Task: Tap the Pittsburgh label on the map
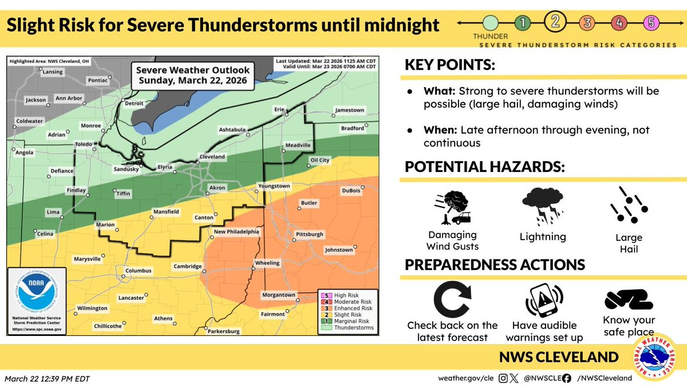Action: click(x=310, y=234)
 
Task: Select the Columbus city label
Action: click(x=139, y=271)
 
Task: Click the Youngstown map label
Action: click(x=274, y=186)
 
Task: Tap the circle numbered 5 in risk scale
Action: click(x=651, y=23)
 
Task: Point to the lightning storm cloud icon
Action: click(x=543, y=206)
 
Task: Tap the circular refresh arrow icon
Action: click(x=452, y=299)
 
